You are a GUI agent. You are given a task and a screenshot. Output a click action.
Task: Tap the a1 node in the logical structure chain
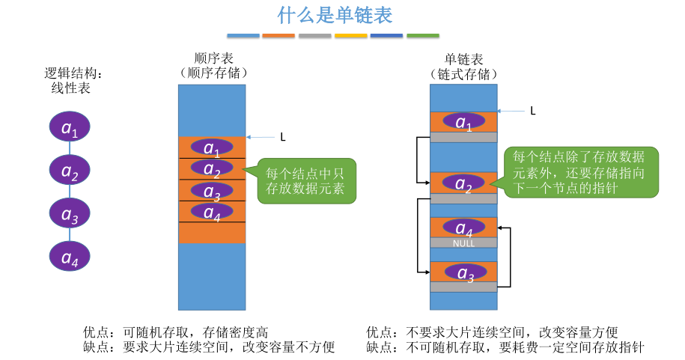(70, 127)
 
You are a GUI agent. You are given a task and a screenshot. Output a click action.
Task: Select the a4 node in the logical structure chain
(70, 257)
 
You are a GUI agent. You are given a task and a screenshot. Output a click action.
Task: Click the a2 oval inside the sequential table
(212, 168)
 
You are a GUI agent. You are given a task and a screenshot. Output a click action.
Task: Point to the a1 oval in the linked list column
(463, 120)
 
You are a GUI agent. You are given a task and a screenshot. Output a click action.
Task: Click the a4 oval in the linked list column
(463, 227)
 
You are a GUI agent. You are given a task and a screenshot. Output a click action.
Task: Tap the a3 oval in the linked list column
(463, 272)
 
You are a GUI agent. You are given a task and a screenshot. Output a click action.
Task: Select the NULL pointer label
(463, 243)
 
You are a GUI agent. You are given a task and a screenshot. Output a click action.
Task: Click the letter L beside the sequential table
(282, 137)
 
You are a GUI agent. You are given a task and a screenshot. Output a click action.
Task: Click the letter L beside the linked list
(532, 111)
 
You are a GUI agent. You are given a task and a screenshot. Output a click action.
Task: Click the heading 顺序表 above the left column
(213, 58)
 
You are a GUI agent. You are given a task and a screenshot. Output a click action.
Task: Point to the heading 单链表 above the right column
(463, 58)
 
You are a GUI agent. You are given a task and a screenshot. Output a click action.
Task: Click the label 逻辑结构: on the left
(73, 73)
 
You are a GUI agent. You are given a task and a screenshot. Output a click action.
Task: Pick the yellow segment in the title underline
(350, 35)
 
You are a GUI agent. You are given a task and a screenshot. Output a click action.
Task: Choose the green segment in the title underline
(423, 35)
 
